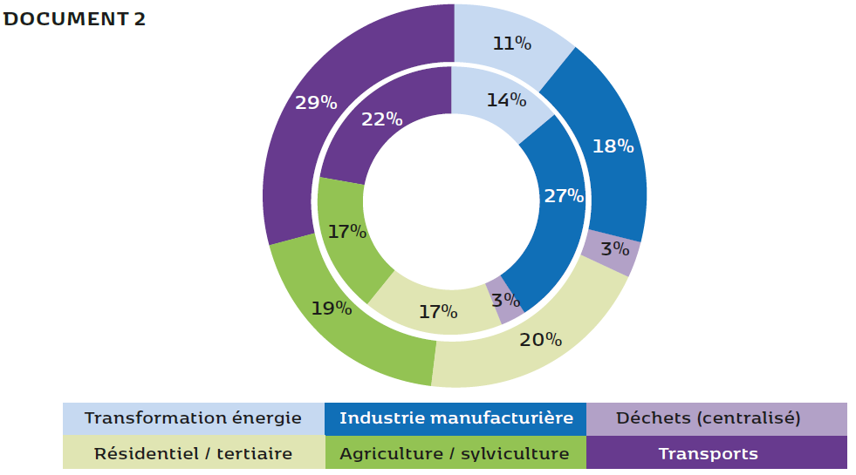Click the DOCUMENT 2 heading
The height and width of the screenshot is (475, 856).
[74, 19]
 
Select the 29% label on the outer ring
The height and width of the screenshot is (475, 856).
[315, 102]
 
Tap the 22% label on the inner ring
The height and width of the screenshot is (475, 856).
[381, 119]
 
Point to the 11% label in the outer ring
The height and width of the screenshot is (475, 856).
[512, 42]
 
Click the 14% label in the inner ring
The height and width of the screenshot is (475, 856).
[506, 99]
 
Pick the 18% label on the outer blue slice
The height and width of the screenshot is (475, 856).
[613, 146]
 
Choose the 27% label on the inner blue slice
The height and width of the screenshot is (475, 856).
[564, 195]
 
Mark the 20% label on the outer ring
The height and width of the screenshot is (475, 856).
[540, 339]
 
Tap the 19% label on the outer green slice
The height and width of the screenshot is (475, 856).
[332, 308]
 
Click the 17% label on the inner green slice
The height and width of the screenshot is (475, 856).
[346, 232]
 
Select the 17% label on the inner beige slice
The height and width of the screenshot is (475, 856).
[437, 311]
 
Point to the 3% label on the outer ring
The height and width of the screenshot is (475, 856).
[615, 248]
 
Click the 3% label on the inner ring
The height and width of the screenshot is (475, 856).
[505, 300]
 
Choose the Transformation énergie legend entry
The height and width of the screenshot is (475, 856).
[193, 418]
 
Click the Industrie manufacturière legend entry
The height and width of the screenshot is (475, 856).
[455, 418]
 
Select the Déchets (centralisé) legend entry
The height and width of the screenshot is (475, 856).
[708, 418]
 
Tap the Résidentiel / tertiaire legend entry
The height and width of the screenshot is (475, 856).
[193, 453]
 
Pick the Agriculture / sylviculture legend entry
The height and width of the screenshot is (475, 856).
[455, 453]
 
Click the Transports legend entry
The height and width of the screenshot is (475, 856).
[708, 453]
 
